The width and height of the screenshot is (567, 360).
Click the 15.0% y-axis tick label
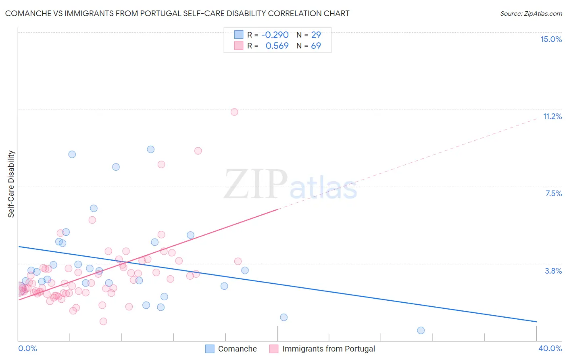click(551, 39)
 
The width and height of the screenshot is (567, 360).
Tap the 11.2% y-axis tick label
click(552, 116)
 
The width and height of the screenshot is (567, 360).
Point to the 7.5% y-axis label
click(553, 193)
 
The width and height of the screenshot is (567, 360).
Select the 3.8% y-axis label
click(553, 271)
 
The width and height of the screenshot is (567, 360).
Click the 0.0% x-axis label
click(27, 348)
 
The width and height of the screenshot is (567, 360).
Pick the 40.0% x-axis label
click(550, 348)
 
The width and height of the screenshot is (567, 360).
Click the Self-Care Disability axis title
click(11, 184)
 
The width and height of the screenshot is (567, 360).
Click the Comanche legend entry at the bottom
click(237, 349)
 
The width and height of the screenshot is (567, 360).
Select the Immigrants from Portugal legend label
click(328, 349)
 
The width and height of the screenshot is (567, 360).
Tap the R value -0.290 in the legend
click(275, 35)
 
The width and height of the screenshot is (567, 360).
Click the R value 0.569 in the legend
click(277, 46)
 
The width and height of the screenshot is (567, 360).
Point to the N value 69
click(316, 46)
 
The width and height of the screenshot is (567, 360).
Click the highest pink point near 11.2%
click(234, 112)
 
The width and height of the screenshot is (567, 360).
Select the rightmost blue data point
click(421, 330)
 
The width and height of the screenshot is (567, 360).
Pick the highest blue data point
click(150, 149)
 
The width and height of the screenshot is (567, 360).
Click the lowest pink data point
click(103, 321)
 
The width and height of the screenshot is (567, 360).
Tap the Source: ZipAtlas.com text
click(531, 13)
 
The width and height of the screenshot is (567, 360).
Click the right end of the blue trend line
click(536, 322)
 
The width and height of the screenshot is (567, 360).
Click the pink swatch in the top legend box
click(239, 46)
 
